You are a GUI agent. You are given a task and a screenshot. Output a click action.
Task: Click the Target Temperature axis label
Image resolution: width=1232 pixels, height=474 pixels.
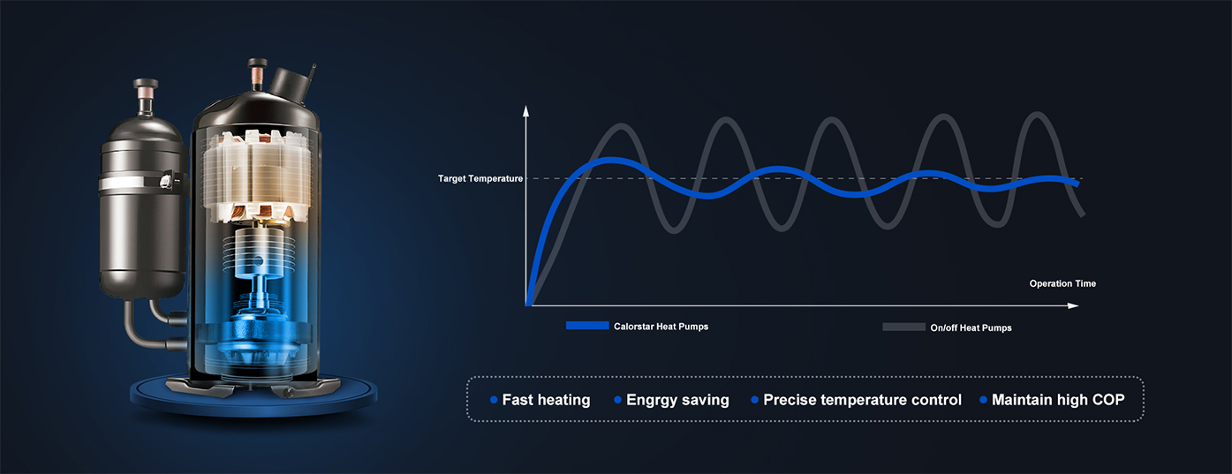[x=480, y=179]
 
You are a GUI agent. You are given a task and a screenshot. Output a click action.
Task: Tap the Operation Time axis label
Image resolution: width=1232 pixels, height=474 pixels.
[x=1062, y=283]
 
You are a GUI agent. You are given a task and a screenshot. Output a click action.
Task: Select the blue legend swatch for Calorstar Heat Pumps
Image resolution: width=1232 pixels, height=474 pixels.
[x=587, y=326]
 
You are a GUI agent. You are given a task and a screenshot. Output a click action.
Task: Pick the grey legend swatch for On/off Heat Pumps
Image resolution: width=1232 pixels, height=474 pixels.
[x=903, y=327]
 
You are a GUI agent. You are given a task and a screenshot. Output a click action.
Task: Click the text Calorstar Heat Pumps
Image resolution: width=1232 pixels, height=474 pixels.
[x=661, y=327]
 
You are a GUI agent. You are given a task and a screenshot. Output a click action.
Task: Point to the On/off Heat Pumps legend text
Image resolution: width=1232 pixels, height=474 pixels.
[x=971, y=327]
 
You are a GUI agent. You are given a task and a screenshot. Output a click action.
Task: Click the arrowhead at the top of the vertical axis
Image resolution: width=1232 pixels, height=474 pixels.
[x=526, y=111]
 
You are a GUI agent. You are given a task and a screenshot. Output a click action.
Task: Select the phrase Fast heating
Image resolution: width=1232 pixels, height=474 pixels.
[x=546, y=400]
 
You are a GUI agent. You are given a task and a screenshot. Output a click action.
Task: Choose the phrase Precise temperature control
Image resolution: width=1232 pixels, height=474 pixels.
[x=862, y=400]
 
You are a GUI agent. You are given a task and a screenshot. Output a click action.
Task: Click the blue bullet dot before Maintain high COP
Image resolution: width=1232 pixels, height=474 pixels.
[x=983, y=400]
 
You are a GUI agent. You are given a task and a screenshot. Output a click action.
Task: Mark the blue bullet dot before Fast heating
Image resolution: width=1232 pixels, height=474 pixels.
[x=494, y=400]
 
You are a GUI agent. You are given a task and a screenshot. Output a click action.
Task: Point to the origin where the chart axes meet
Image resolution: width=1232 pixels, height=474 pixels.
[x=527, y=305]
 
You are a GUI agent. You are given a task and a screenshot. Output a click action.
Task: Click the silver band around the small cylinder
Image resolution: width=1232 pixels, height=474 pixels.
[x=141, y=183]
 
